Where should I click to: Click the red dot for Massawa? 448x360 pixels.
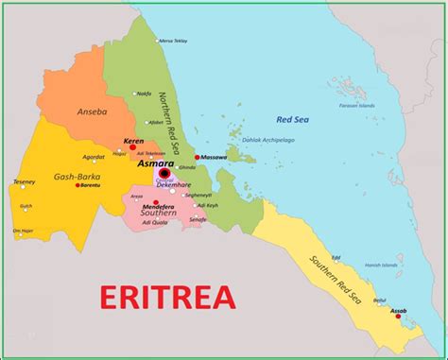pyautogui.click(x=197, y=157)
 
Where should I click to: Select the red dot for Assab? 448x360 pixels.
pyautogui.click(x=398, y=316)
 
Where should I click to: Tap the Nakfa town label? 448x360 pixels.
pyautogui.click(x=144, y=94)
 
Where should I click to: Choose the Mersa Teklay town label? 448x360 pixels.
pyautogui.click(x=172, y=42)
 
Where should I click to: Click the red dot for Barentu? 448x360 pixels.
pyautogui.click(x=77, y=185)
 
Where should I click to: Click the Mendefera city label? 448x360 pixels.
pyautogui.click(x=158, y=205)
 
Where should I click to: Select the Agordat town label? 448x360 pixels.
pyautogui.click(x=94, y=157)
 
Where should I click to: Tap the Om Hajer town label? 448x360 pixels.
pyautogui.click(x=23, y=230)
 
